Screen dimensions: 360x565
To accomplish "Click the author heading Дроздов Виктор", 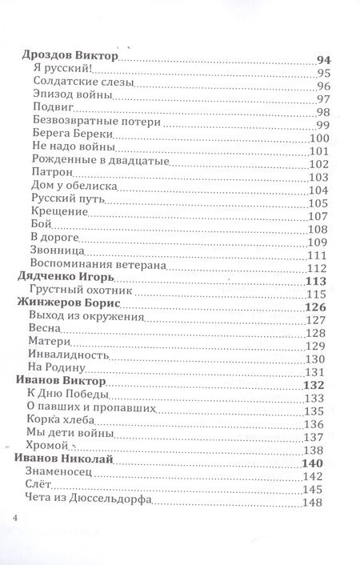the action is (x=67, y=58).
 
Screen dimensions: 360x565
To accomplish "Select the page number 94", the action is (x=322, y=58).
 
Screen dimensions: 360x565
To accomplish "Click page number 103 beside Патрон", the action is (x=320, y=178).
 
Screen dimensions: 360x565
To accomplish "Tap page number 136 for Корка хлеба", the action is (x=320, y=424).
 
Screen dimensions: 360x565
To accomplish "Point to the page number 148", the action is (x=320, y=503).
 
